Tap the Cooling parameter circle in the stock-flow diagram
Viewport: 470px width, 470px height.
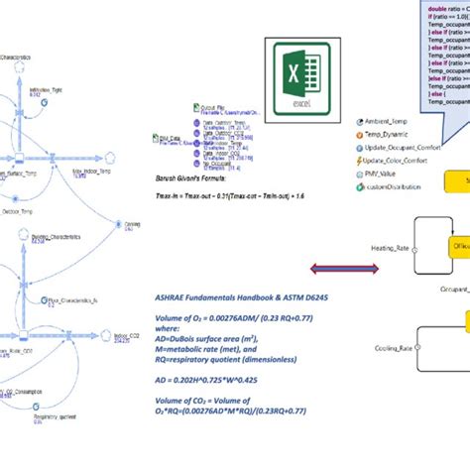pos(138,219)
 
